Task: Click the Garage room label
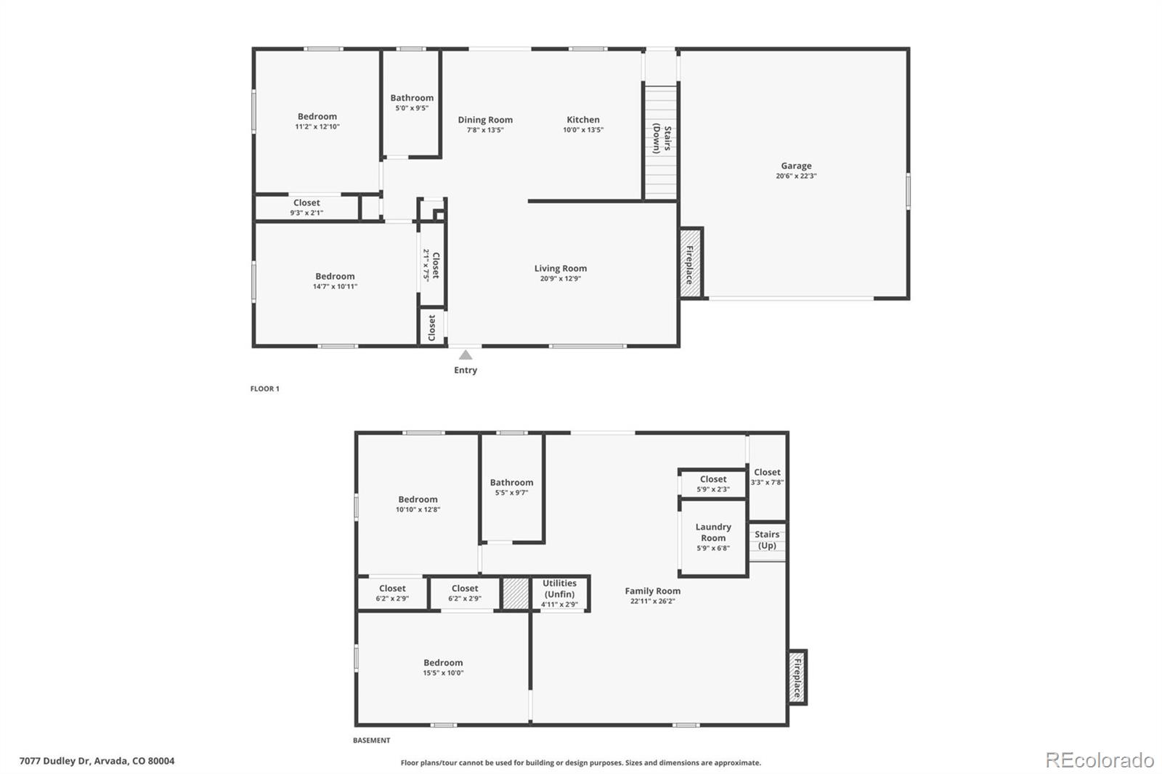(x=796, y=166)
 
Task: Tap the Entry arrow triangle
(x=466, y=355)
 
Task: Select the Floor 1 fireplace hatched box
(x=690, y=262)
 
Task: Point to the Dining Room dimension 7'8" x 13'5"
(x=485, y=131)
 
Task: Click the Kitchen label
(x=583, y=120)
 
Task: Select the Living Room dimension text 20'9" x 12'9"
(x=560, y=279)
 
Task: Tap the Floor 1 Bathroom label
(x=412, y=98)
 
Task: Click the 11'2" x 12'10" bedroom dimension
(x=317, y=127)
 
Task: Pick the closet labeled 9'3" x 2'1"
(x=306, y=208)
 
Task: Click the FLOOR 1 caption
(x=265, y=389)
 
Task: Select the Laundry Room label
(x=713, y=532)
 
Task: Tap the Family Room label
(x=652, y=591)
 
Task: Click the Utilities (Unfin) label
(x=559, y=588)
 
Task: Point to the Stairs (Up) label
(x=767, y=539)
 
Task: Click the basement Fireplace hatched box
(x=797, y=677)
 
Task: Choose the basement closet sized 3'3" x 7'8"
(x=767, y=476)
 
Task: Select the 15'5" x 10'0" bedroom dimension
(x=443, y=673)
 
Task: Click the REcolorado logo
(x=1100, y=760)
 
